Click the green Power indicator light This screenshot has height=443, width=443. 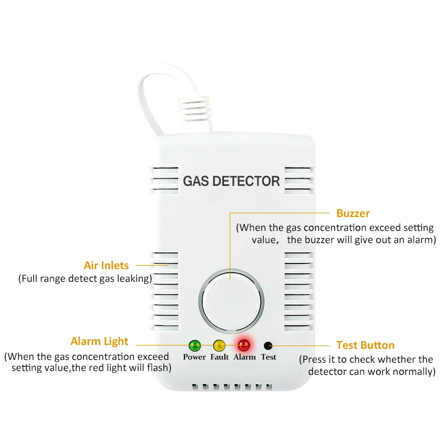[x=195, y=345]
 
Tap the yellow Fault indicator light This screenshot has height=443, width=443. [x=219, y=345]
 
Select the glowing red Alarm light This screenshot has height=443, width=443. [x=244, y=345]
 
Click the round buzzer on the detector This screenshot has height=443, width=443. [x=231, y=301]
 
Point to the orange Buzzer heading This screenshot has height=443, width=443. [x=353, y=213]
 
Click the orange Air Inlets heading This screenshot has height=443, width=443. [x=106, y=265]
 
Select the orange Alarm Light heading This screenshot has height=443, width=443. [x=100, y=341]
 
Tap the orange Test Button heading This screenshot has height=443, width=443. [x=365, y=345]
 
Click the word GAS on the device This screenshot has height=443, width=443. [x=196, y=181]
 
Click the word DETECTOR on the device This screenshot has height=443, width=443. [x=246, y=181]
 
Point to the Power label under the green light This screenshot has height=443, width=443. [x=194, y=357]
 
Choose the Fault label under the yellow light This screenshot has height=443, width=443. [x=219, y=357]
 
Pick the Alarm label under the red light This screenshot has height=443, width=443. [x=244, y=357]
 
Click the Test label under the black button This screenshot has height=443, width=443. [x=269, y=357]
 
